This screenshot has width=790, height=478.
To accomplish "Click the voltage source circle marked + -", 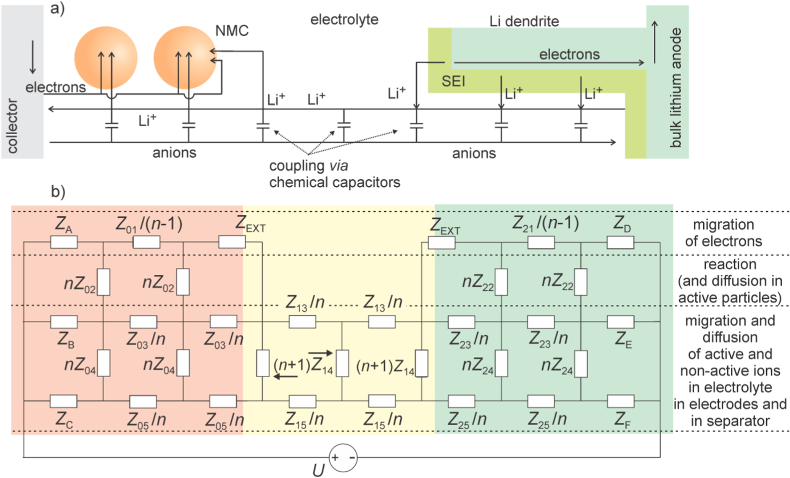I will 343,457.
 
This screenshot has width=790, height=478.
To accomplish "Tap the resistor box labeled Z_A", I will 64,242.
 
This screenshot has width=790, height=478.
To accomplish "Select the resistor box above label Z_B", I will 64,322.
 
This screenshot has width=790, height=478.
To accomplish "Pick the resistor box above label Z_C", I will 63,401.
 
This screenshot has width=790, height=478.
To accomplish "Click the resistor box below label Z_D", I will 620,242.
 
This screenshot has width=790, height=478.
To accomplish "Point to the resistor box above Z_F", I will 621,401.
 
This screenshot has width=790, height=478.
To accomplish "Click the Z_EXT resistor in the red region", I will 232,241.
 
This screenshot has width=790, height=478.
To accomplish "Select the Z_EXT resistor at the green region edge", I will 441,243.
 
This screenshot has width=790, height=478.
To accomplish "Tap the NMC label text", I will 232,31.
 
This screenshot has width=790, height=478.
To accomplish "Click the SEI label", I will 453,81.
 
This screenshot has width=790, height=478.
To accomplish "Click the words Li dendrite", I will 524,21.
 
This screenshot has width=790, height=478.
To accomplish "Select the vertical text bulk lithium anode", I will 676,88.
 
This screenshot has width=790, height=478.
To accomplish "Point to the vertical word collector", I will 13,126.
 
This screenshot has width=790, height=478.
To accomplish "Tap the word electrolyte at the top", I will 344,19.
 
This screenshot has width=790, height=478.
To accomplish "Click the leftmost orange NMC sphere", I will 106,58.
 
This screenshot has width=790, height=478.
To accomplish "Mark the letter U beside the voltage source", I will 318,470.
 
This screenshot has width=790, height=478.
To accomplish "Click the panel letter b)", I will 58,192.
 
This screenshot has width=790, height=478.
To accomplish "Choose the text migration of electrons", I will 723,233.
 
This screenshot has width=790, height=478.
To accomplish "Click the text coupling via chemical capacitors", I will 334,174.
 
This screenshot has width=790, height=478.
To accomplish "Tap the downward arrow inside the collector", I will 33,57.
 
